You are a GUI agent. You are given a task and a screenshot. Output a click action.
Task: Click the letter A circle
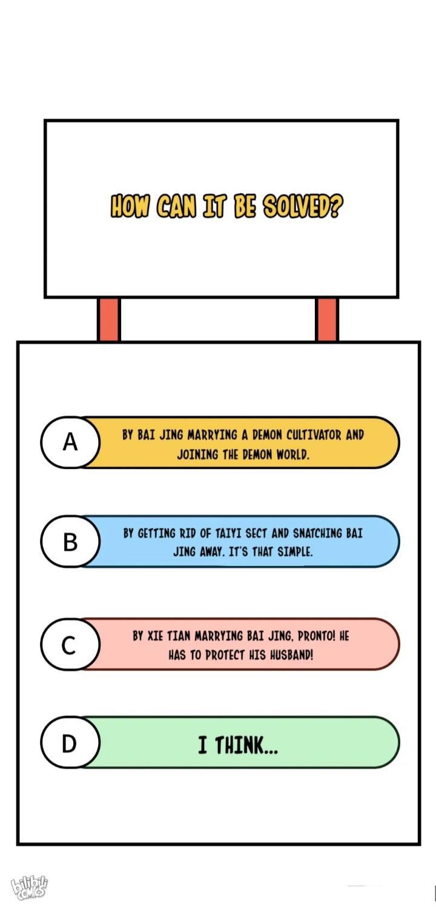70,442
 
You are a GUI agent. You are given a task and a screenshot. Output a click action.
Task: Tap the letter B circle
70,542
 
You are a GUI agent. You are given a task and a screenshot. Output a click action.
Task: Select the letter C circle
70,644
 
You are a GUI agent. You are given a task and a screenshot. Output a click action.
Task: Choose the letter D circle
70,743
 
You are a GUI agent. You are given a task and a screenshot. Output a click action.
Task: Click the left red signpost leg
109,319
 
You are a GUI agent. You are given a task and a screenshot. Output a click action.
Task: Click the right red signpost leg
326,319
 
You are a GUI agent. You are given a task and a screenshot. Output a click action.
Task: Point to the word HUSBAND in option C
291,655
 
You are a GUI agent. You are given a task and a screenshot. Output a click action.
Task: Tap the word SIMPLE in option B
295,552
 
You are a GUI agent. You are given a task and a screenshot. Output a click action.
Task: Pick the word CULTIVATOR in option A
314,435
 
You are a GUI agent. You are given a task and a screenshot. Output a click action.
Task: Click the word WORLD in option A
292,455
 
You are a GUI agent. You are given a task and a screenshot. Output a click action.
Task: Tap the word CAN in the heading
177,206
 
